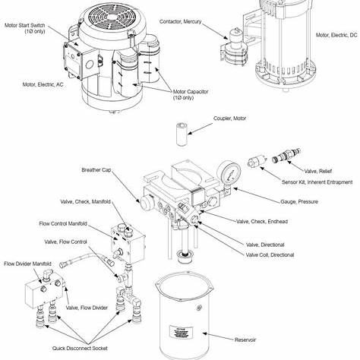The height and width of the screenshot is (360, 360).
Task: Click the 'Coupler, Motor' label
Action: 211,120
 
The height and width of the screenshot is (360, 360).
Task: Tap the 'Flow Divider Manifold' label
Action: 27,264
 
